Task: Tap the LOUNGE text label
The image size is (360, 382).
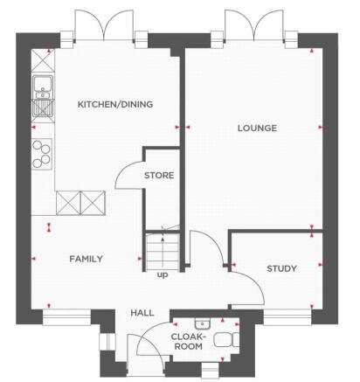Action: point(257,128)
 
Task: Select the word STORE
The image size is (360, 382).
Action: point(159,175)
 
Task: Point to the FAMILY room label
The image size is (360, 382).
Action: point(87,259)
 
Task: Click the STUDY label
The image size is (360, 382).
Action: point(282,268)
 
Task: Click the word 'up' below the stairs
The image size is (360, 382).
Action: point(162,275)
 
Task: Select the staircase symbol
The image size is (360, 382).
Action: point(163,250)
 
